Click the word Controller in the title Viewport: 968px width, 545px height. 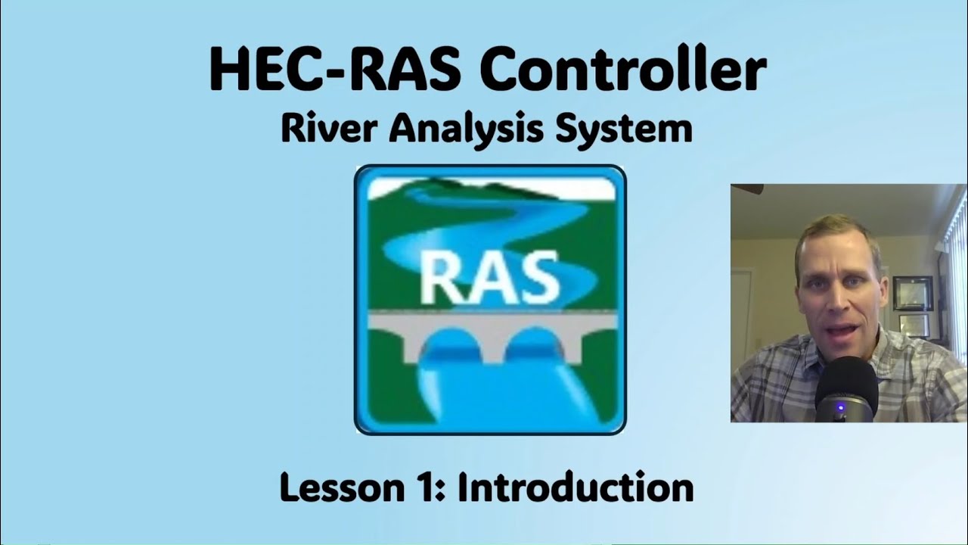622,69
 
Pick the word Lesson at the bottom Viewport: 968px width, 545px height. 335,487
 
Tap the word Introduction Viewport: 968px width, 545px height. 576,487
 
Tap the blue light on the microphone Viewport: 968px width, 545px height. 839,410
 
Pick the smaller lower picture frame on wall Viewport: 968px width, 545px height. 913,325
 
